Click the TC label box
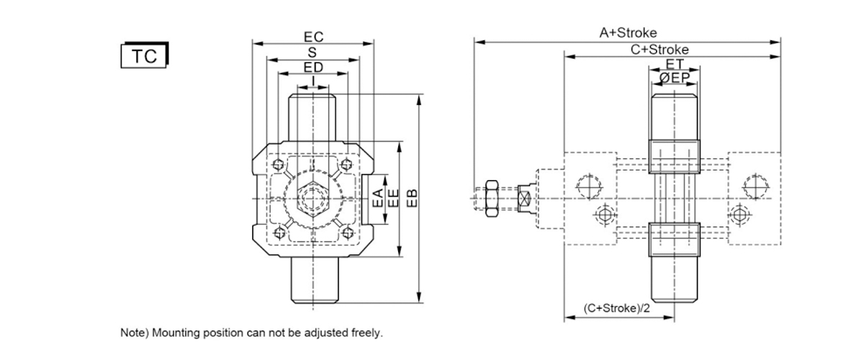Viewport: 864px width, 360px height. (x=145, y=55)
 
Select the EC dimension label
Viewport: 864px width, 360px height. (x=314, y=37)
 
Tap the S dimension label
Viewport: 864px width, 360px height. (x=312, y=53)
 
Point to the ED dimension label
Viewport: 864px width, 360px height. (x=313, y=68)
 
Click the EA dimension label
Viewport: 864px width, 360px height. (x=379, y=198)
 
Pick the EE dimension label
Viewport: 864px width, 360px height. (x=393, y=198)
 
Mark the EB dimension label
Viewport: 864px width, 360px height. (x=412, y=198)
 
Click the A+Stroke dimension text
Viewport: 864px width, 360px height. (x=628, y=33)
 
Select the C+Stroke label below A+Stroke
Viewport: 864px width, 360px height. (x=660, y=50)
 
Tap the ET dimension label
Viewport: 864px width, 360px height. (x=675, y=63)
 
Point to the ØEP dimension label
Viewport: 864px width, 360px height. (x=674, y=78)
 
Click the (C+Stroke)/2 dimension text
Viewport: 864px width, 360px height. (x=617, y=308)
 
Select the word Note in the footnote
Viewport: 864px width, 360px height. (x=132, y=333)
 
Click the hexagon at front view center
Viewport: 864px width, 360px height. (x=312, y=199)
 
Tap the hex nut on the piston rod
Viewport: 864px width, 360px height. (x=492, y=198)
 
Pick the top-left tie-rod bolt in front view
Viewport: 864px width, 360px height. (x=278, y=165)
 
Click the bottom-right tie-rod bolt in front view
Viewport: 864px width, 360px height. (x=348, y=233)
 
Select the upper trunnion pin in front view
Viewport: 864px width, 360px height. (x=312, y=117)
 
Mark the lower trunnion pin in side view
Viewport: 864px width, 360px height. (x=674, y=279)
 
